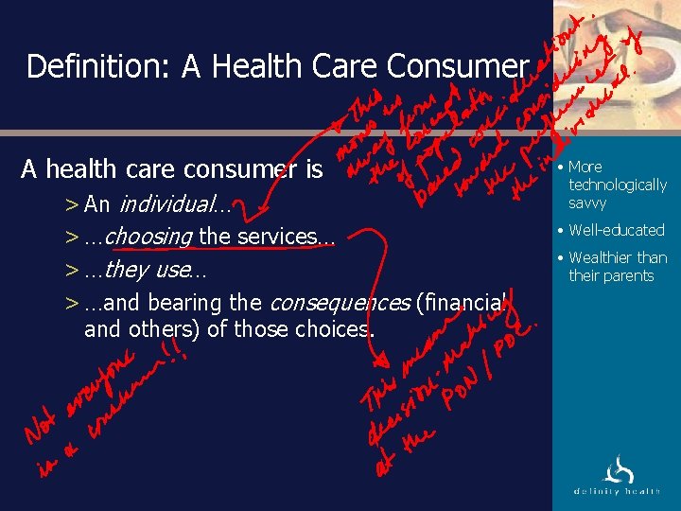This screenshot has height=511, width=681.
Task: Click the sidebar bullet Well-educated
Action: [x=617, y=230]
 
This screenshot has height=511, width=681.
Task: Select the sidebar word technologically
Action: [x=618, y=185]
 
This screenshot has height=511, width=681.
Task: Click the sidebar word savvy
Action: [x=587, y=203]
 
